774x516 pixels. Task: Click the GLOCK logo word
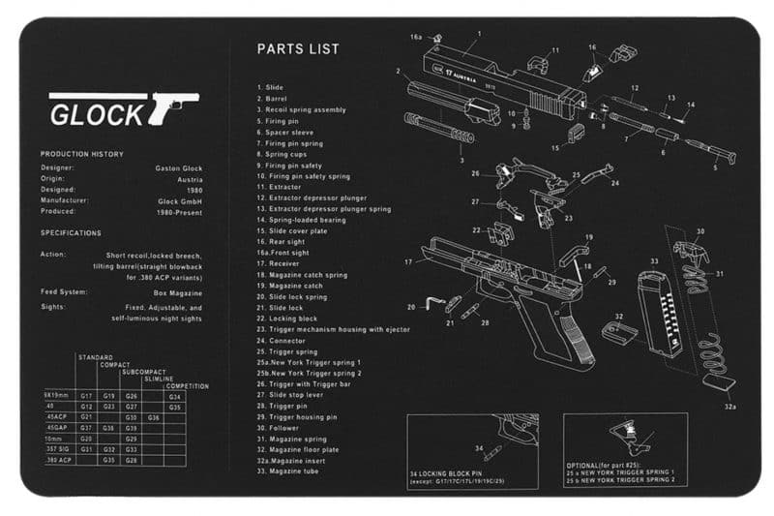click(96, 114)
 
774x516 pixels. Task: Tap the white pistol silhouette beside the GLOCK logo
click(173, 105)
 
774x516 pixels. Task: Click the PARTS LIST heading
click(298, 48)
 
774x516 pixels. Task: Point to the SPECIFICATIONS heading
click(71, 232)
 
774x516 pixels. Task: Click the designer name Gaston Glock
click(178, 167)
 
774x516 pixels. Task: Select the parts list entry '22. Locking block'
click(290, 319)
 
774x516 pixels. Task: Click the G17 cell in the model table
click(86, 396)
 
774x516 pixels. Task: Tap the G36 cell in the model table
click(153, 416)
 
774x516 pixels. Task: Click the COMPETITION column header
click(187, 386)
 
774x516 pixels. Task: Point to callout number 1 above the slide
click(477, 33)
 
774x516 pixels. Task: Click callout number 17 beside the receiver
click(409, 261)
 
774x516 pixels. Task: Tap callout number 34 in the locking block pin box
click(477, 448)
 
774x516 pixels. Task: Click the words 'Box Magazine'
click(179, 291)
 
